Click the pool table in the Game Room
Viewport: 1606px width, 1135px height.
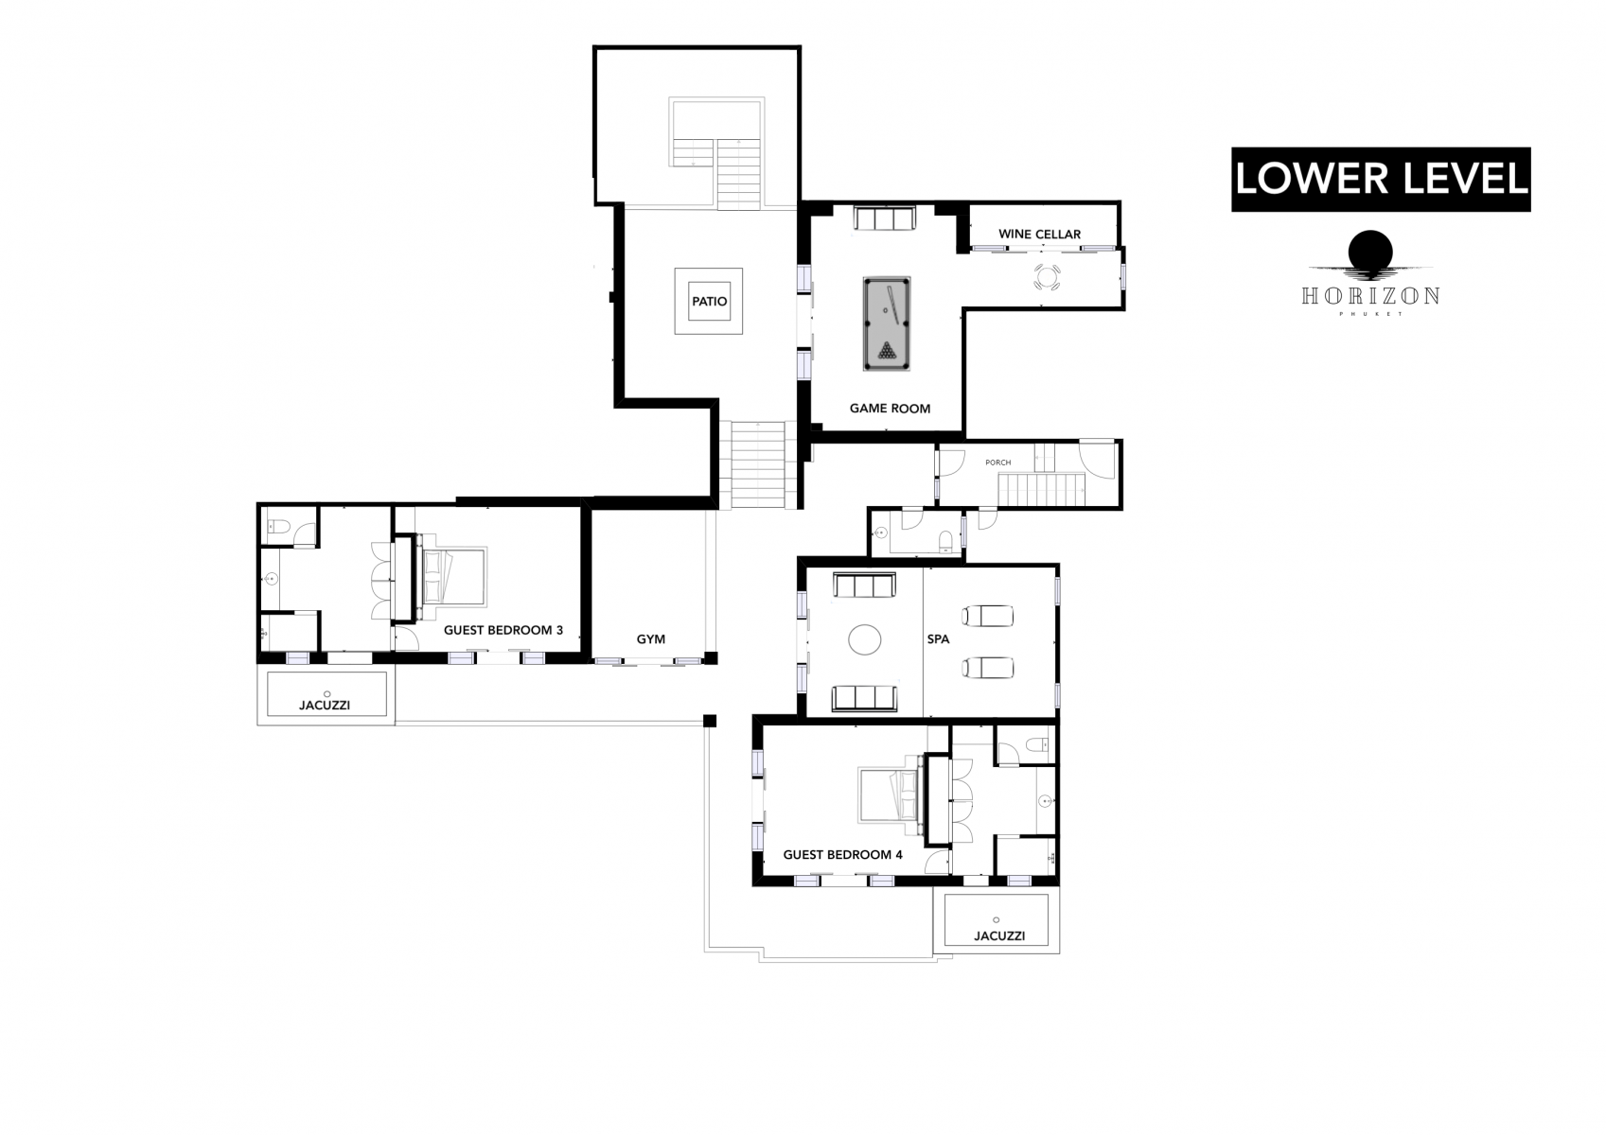point(886,323)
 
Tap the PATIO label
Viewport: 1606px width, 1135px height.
point(709,302)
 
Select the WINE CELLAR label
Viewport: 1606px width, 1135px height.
point(1039,235)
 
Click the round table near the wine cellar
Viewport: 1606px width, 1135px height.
point(1047,278)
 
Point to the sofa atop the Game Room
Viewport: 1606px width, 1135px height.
point(884,219)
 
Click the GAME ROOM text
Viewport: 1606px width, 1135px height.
point(890,409)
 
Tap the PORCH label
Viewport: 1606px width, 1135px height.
point(997,463)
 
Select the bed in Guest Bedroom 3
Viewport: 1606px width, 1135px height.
point(453,576)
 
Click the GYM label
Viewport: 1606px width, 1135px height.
point(650,639)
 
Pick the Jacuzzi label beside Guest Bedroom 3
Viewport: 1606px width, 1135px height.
point(326,705)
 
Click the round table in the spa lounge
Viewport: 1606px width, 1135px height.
point(864,640)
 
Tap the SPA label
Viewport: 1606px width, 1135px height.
point(938,640)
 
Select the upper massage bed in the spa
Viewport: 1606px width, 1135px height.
point(987,617)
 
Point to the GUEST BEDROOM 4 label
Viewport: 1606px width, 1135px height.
point(842,855)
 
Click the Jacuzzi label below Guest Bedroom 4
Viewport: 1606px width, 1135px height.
point(998,936)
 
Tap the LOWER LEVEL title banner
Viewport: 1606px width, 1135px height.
point(1380,179)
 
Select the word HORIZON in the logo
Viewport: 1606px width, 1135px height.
point(1369,296)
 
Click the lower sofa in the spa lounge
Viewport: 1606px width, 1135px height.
point(863,699)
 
